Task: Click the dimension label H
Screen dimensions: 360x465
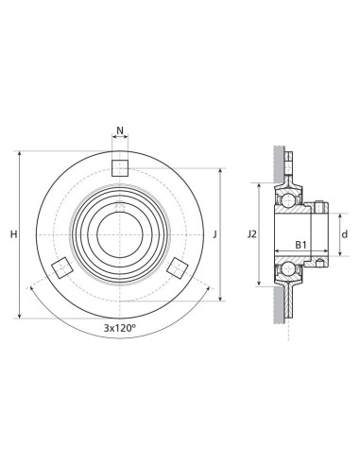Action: pos(13,234)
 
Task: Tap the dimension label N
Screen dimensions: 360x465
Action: pos(120,129)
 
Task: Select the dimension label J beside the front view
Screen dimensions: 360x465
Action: pos(215,234)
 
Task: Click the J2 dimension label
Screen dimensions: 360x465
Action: pos(252,234)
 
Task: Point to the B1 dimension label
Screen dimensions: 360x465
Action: pos(300,245)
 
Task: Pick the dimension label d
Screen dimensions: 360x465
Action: pos(345,234)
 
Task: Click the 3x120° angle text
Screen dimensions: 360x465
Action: pos(120,328)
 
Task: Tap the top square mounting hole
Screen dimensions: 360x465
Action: pos(120,168)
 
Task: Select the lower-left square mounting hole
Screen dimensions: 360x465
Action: pos(62,267)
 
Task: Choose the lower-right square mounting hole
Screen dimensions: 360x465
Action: pos(178,267)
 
